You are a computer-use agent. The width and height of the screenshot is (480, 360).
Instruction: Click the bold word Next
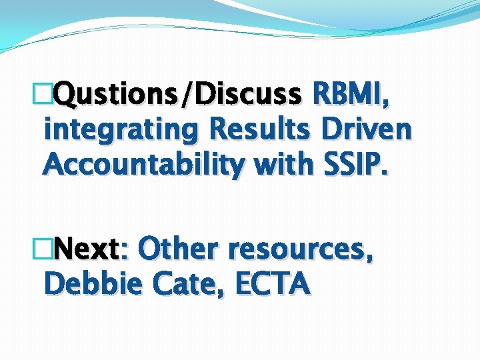point(87,250)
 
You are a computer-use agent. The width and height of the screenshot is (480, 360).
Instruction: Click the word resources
point(299,251)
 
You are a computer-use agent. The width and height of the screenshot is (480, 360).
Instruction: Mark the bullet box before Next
point(49,251)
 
